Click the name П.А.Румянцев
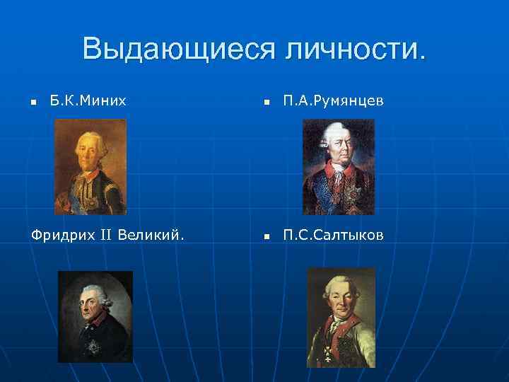pos(334,101)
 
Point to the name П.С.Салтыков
pos(334,235)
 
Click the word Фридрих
pos(59,235)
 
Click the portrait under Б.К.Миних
pos(90,166)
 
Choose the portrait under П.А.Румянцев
pos(338,166)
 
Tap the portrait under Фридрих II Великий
pos(95,316)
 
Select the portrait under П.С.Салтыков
pos(341,317)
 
